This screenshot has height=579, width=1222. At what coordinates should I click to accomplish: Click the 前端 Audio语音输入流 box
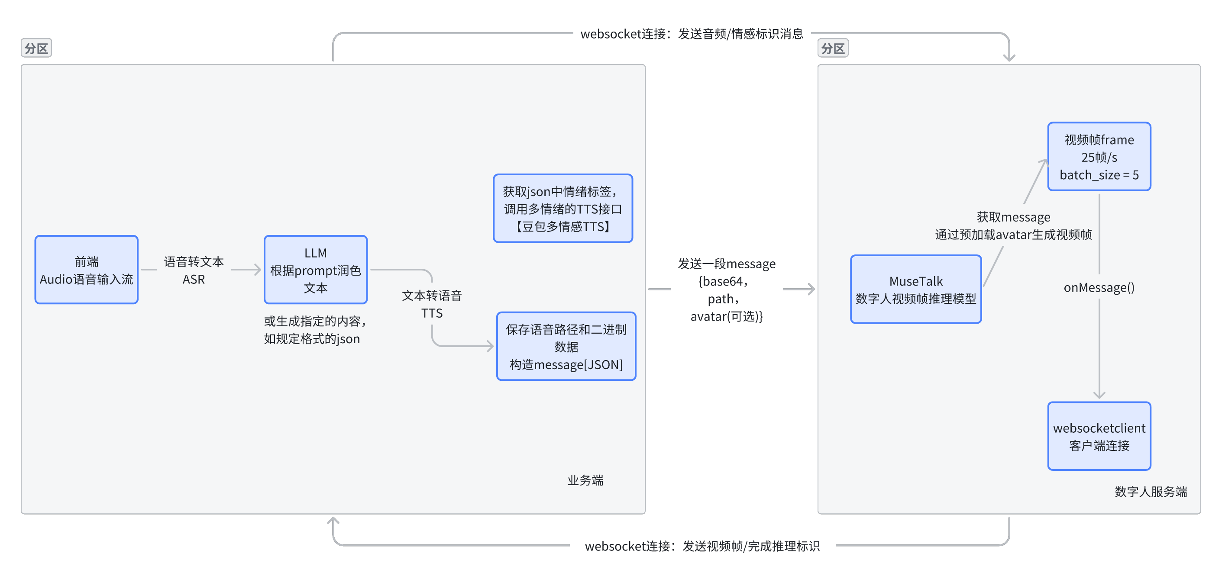(86, 270)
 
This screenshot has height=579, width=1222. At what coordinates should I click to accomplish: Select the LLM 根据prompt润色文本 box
(316, 270)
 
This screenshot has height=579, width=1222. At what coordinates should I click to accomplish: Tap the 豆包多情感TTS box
(563, 209)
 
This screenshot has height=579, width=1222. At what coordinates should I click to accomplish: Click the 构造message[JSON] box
(566, 347)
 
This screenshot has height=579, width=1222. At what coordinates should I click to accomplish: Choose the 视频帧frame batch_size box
(1099, 157)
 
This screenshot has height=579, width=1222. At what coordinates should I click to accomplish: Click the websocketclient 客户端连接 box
(1099, 436)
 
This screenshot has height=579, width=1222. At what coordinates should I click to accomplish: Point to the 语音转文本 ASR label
(194, 270)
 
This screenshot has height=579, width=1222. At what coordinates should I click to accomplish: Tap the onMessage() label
(1099, 287)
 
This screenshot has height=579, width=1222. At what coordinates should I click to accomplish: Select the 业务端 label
(585, 480)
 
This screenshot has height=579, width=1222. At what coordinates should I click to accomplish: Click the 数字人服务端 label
(1151, 492)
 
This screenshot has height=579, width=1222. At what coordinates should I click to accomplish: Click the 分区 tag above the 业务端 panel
(36, 48)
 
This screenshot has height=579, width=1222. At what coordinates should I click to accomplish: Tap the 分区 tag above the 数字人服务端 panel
(833, 48)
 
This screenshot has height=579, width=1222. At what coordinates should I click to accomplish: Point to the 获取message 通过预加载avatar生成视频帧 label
(1013, 226)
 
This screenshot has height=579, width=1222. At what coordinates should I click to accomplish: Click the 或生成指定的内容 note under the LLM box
(314, 330)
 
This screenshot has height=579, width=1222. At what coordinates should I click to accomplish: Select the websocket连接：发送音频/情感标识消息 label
(692, 34)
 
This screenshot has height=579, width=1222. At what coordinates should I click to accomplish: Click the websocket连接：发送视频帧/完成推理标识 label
(702, 546)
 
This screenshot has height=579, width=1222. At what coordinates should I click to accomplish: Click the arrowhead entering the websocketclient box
(1099, 396)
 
